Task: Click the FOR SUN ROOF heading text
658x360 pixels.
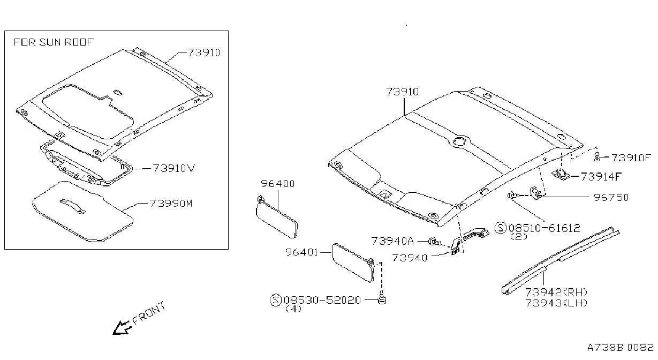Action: point(54,42)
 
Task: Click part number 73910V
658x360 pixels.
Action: point(174,168)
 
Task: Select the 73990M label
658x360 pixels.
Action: point(171,204)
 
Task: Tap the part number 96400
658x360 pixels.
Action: point(277,184)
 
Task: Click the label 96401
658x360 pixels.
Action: point(301,252)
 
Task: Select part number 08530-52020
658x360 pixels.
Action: point(322,300)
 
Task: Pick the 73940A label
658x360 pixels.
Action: point(392,241)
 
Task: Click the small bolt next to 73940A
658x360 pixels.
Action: point(434,242)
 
